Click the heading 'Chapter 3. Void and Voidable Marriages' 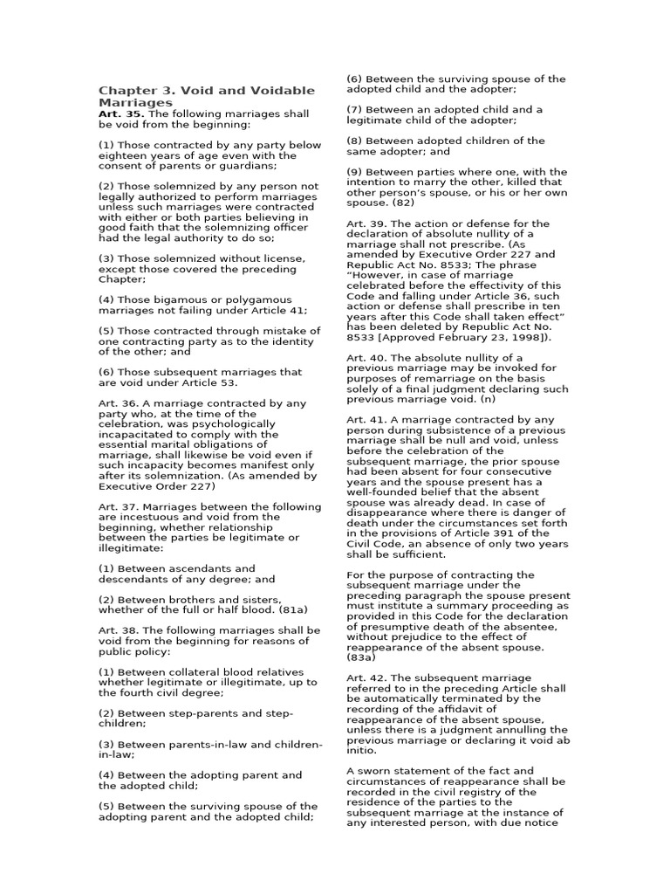point(206,96)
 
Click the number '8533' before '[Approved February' point(362,337)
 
